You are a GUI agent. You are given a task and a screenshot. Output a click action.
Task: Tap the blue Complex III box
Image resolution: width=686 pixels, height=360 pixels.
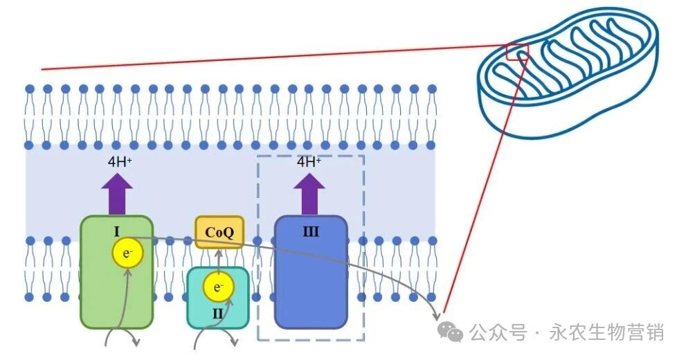tap(311, 284)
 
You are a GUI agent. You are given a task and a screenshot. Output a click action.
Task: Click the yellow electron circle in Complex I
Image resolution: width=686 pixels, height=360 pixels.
tap(127, 254)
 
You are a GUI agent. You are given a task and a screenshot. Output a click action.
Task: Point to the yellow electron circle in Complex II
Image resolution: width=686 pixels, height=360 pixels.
tap(218, 287)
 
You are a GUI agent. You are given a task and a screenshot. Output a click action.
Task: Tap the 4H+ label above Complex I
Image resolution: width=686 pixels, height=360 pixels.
tap(117, 162)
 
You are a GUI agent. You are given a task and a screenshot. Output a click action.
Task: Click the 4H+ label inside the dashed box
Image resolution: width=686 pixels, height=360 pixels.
tap(309, 162)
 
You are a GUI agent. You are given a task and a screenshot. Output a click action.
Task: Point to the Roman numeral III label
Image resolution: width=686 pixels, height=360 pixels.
tap(311, 231)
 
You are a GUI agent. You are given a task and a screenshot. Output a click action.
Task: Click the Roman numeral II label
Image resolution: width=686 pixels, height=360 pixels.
tap(218, 314)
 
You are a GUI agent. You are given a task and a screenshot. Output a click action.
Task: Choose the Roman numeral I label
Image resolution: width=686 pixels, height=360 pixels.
tap(117, 231)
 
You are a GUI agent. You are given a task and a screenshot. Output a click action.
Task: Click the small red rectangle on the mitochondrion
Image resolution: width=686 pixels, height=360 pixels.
tap(517, 51)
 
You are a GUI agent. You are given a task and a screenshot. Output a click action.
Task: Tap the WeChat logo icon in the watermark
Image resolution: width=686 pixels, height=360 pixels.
tap(454, 333)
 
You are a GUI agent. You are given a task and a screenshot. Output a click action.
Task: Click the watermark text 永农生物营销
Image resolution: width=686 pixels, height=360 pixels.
tap(607, 333)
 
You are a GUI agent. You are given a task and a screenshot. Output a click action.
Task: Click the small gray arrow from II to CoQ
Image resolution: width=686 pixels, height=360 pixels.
tap(219, 258)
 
